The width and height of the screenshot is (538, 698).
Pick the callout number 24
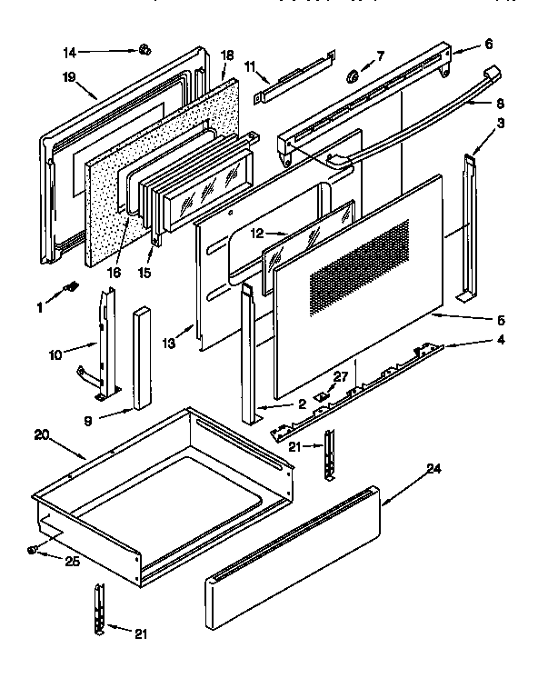(x=434, y=469)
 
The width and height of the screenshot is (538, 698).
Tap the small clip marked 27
(x=322, y=396)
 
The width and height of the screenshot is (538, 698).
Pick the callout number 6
(x=488, y=45)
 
